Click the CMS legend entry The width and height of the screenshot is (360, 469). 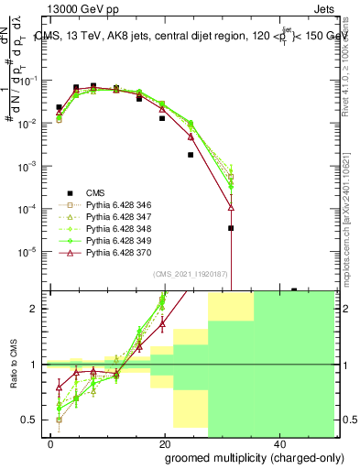click(96, 192)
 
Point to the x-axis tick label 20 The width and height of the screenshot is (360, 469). click(164, 443)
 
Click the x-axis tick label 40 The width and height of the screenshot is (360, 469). click(278, 443)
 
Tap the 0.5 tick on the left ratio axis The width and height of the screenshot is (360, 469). click(35, 420)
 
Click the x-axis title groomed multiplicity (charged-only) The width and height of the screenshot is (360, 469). click(240, 457)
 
